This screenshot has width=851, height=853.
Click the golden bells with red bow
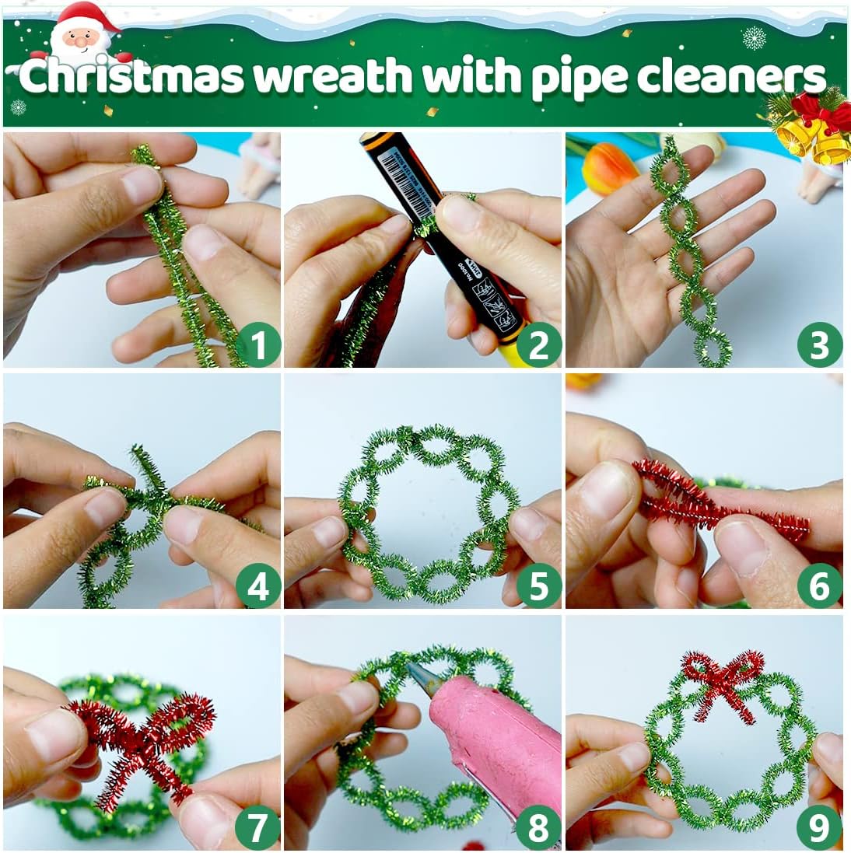tap(813, 128)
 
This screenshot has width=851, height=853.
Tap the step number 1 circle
tap(257, 345)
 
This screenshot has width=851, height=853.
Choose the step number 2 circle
tap(538, 345)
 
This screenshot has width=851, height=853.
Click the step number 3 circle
tap(819, 345)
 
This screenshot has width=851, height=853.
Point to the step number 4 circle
tap(257, 586)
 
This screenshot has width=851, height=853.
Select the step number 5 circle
tap(538, 586)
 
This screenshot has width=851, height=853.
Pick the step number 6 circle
tap(819, 586)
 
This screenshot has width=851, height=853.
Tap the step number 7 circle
tap(257, 827)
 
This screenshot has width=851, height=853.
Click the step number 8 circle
tap(538, 827)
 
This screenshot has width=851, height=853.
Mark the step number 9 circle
tap(819, 827)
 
